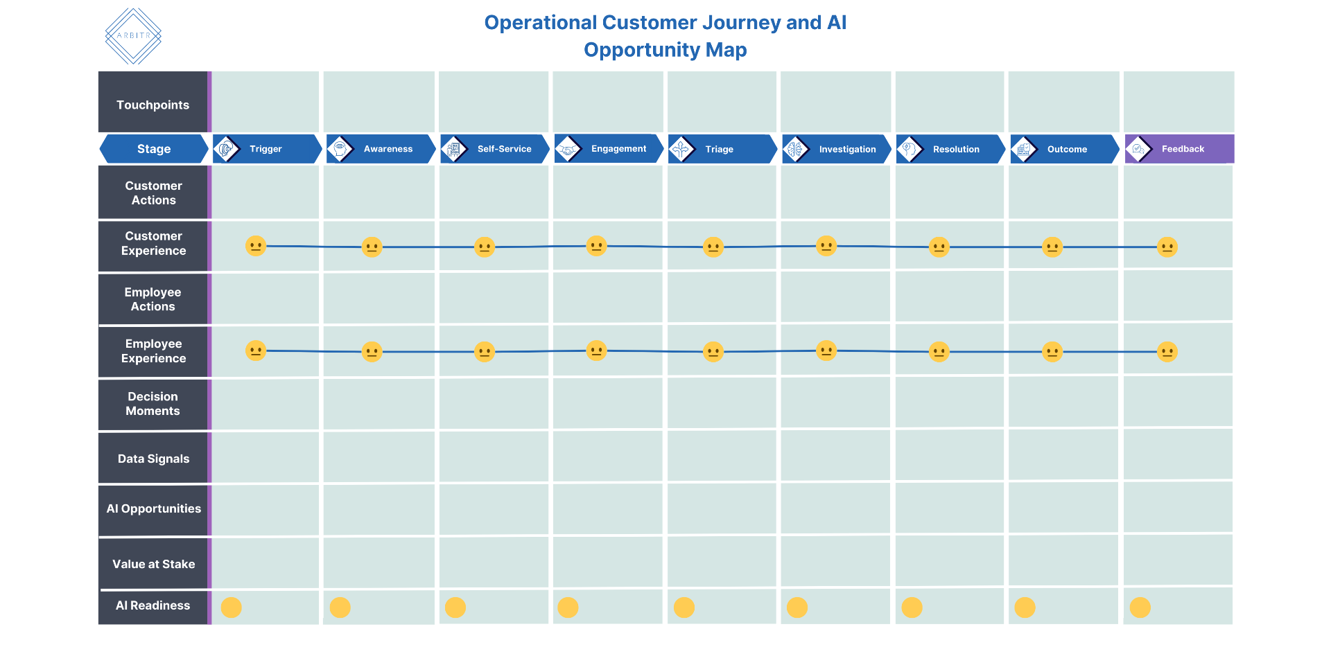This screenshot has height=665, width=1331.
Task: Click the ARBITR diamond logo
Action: pyautogui.click(x=133, y=36)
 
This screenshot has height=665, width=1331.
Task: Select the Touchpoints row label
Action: pyautogui.click(x=153, y=105)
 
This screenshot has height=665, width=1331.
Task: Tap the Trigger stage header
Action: pyautogui.click(x=267, y=149)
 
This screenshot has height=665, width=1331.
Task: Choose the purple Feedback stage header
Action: pyautogui.click(x=1179, y=149)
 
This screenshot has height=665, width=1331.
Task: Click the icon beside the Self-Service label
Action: pyautogui.click(x=454, y=149)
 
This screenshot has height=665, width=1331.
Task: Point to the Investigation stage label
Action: pyautogui.click(x=847, y=149)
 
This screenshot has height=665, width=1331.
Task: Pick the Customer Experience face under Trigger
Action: pyautogui.click(x=256, y=246)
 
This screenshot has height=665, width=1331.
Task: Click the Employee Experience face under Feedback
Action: pyautogui.click(x=1167, y=352)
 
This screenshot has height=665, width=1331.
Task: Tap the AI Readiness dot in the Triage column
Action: pyautogui.click(x=684, y=608)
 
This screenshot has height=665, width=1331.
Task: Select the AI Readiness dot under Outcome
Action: pyautogui.click(x=1025, y=608)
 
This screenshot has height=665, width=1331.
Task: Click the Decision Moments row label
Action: pyautogui.click(x=153, y=404)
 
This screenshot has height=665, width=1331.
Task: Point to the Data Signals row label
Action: pyautogui.click(x=153, y=459)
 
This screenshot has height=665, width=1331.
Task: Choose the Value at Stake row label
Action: pyautogui.click(x=153, y=564)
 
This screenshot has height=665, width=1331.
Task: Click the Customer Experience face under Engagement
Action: pyautogui.click(x=596, y=246)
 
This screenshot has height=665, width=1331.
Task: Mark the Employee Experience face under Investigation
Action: pyautogui.click(x=826, y=351)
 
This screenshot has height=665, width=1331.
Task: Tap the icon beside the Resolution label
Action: pyautogui.click(x=910, y=149)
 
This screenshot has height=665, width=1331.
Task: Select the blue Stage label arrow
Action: pyautogui.click(x=154, y=149)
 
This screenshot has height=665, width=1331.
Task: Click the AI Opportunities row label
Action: pyautogui.click(x=153, y=509)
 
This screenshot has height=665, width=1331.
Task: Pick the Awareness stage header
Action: pyautogui.click(x=381, y=149)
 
